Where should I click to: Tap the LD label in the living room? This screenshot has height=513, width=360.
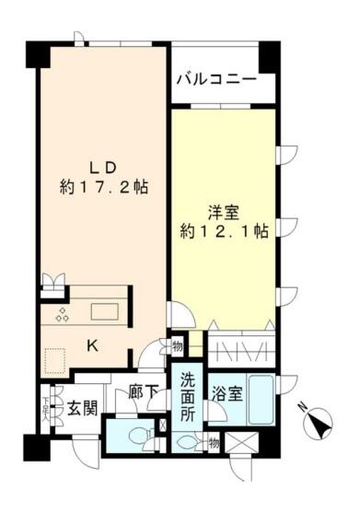101,168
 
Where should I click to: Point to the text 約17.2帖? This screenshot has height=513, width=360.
101,187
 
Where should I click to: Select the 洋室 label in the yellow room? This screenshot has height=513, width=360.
224,211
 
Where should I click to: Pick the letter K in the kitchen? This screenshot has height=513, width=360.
92,345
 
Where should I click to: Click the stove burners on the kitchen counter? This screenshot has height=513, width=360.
64,314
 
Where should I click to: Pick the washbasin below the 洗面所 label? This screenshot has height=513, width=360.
189,441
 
